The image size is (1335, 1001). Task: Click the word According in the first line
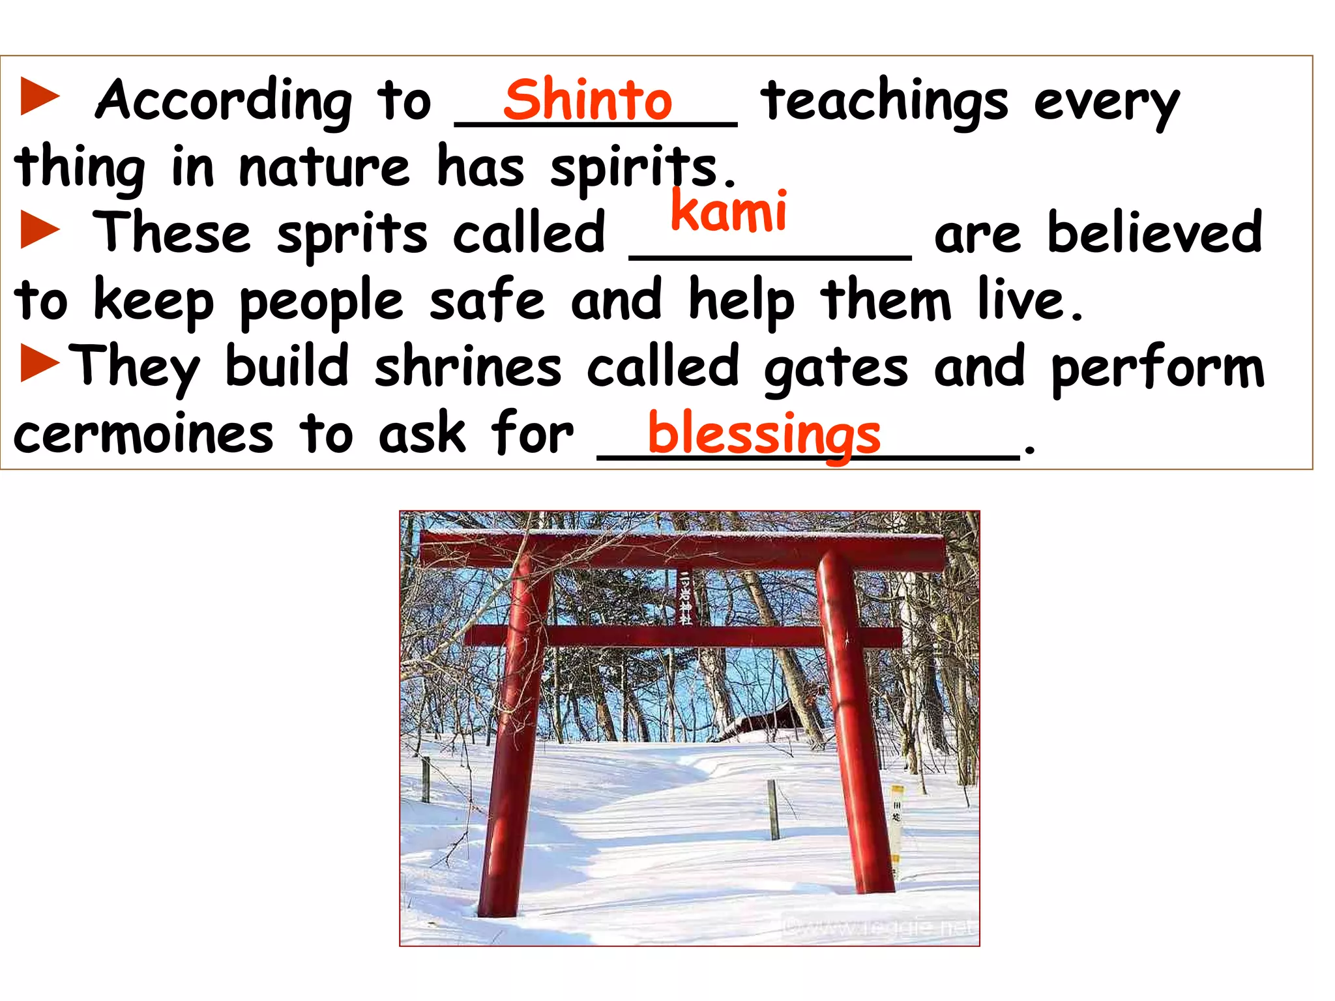pos(224,102)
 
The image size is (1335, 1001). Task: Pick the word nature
pos(324,167)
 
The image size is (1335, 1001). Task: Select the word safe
pos(486,300)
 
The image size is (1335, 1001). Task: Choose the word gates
pos(836,370)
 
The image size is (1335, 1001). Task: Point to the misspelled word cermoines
pos(143,435)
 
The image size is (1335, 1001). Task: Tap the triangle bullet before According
pos(40,96)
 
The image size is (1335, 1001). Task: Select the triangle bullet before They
pos(40,363)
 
